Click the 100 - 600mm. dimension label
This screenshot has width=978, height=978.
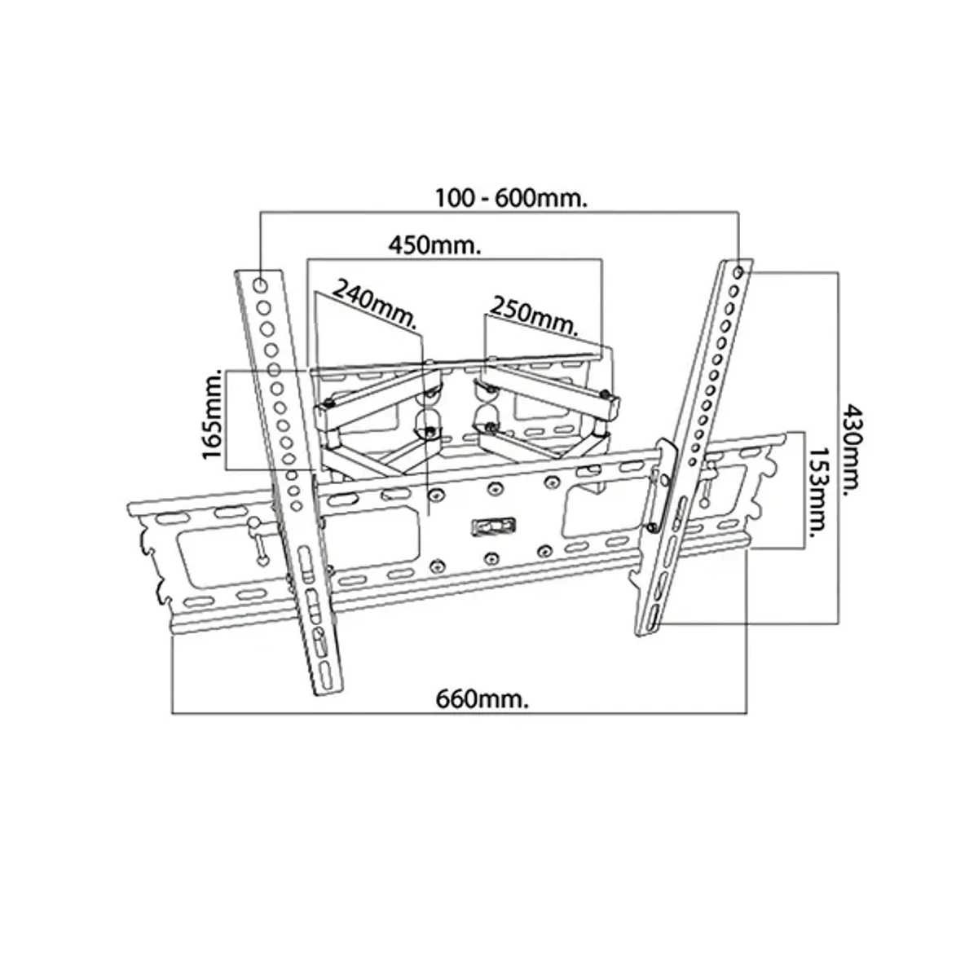[x=512, y=198]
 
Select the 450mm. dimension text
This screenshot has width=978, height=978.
[x=435, y=245]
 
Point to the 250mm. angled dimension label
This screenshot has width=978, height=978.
[x=535, y=315]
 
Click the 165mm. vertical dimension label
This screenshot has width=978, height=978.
[x=214, y=415]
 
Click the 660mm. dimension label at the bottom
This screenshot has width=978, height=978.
[x=482, y=699]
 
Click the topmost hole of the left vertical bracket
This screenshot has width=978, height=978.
[x=260, y=285]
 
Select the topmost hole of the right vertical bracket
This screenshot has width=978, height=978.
[x=738, y=272]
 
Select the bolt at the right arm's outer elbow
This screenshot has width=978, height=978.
[x=604, y=394]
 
